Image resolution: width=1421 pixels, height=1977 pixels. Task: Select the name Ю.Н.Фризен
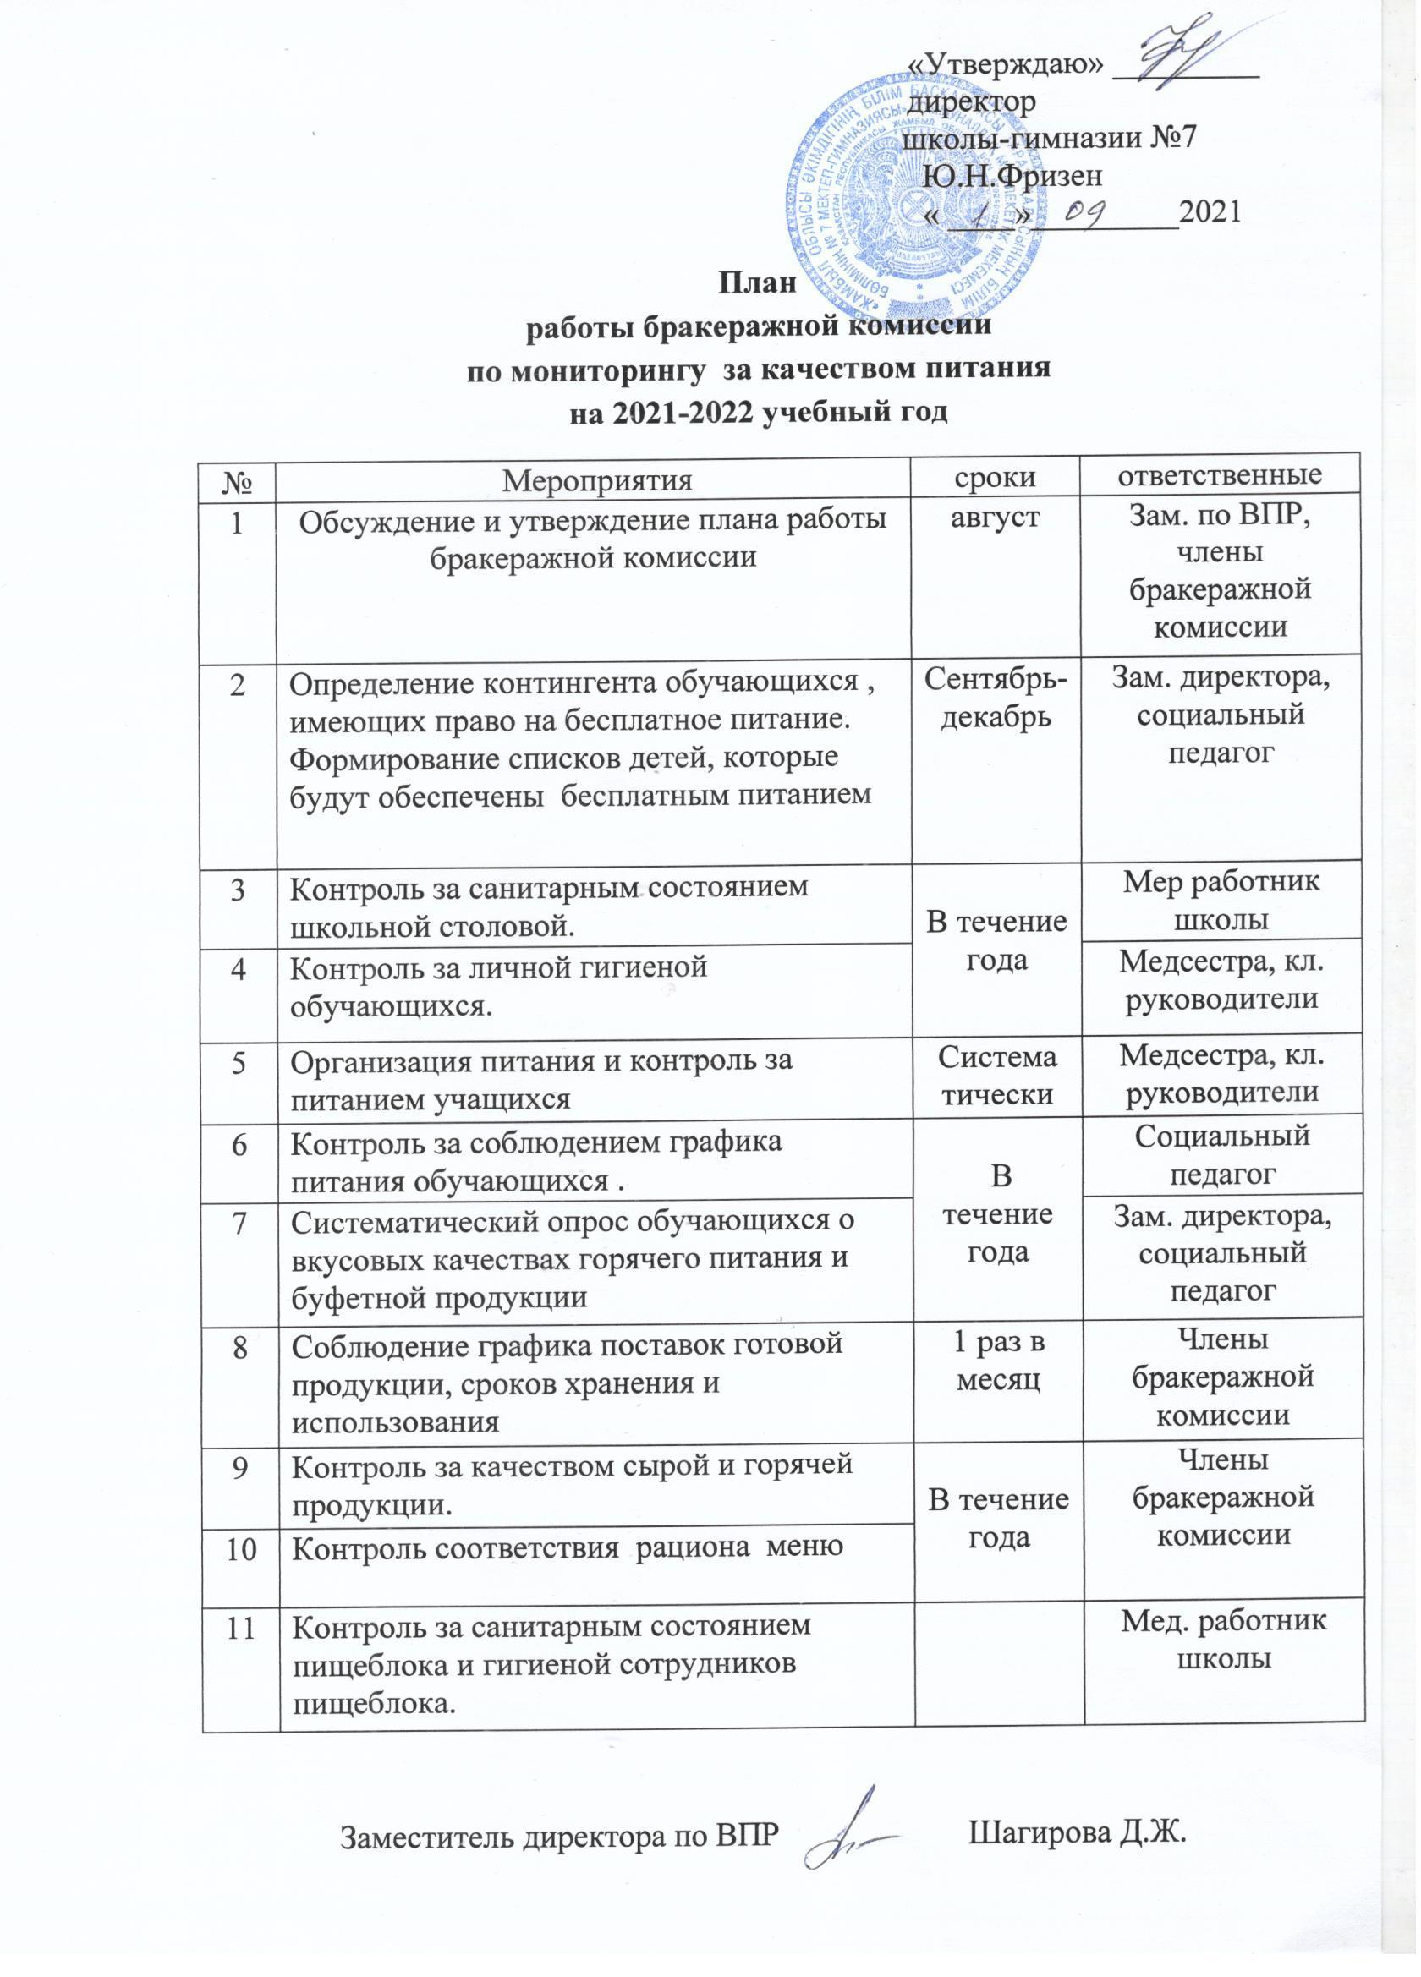click(x=1012, y=176)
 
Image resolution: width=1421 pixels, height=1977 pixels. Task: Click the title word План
click(x=757, y=283)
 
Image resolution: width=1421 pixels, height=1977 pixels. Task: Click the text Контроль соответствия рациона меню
click(x=567, y=1547)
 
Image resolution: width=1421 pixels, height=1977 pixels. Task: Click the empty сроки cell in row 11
click(x=999, y=1661)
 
